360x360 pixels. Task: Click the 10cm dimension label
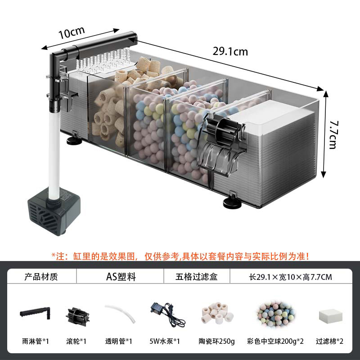pos(71,33)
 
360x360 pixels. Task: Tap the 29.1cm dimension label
pos(230,51)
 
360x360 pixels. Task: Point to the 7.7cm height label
pos(333,135)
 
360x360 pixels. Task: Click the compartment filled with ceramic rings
pos(108,112)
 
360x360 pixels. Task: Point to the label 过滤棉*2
pos(330,341)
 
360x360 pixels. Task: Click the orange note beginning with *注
pos(180,256)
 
